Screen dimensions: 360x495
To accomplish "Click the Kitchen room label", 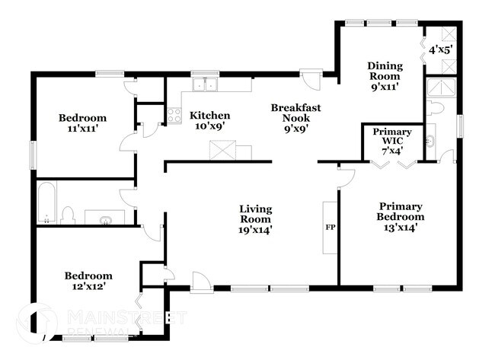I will click(x=209, y=116).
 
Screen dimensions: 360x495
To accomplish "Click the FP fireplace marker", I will click(x=331, y=228).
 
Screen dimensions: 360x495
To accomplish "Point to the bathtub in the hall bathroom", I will click(x=46, y=203).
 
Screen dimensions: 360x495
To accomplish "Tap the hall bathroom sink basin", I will click(x=105, y=220).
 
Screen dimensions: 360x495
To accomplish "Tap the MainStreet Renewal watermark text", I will click(x=126, y=320).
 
